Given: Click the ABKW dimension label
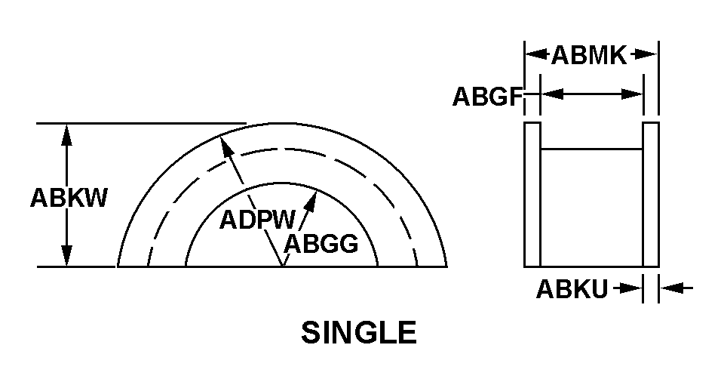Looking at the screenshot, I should pos(69,198).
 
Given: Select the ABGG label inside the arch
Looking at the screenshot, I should pos(321,244).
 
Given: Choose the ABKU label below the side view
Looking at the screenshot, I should pos(572,289).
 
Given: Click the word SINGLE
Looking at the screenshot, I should pos(359,333).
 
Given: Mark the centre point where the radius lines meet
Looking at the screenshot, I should pos(282,266).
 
